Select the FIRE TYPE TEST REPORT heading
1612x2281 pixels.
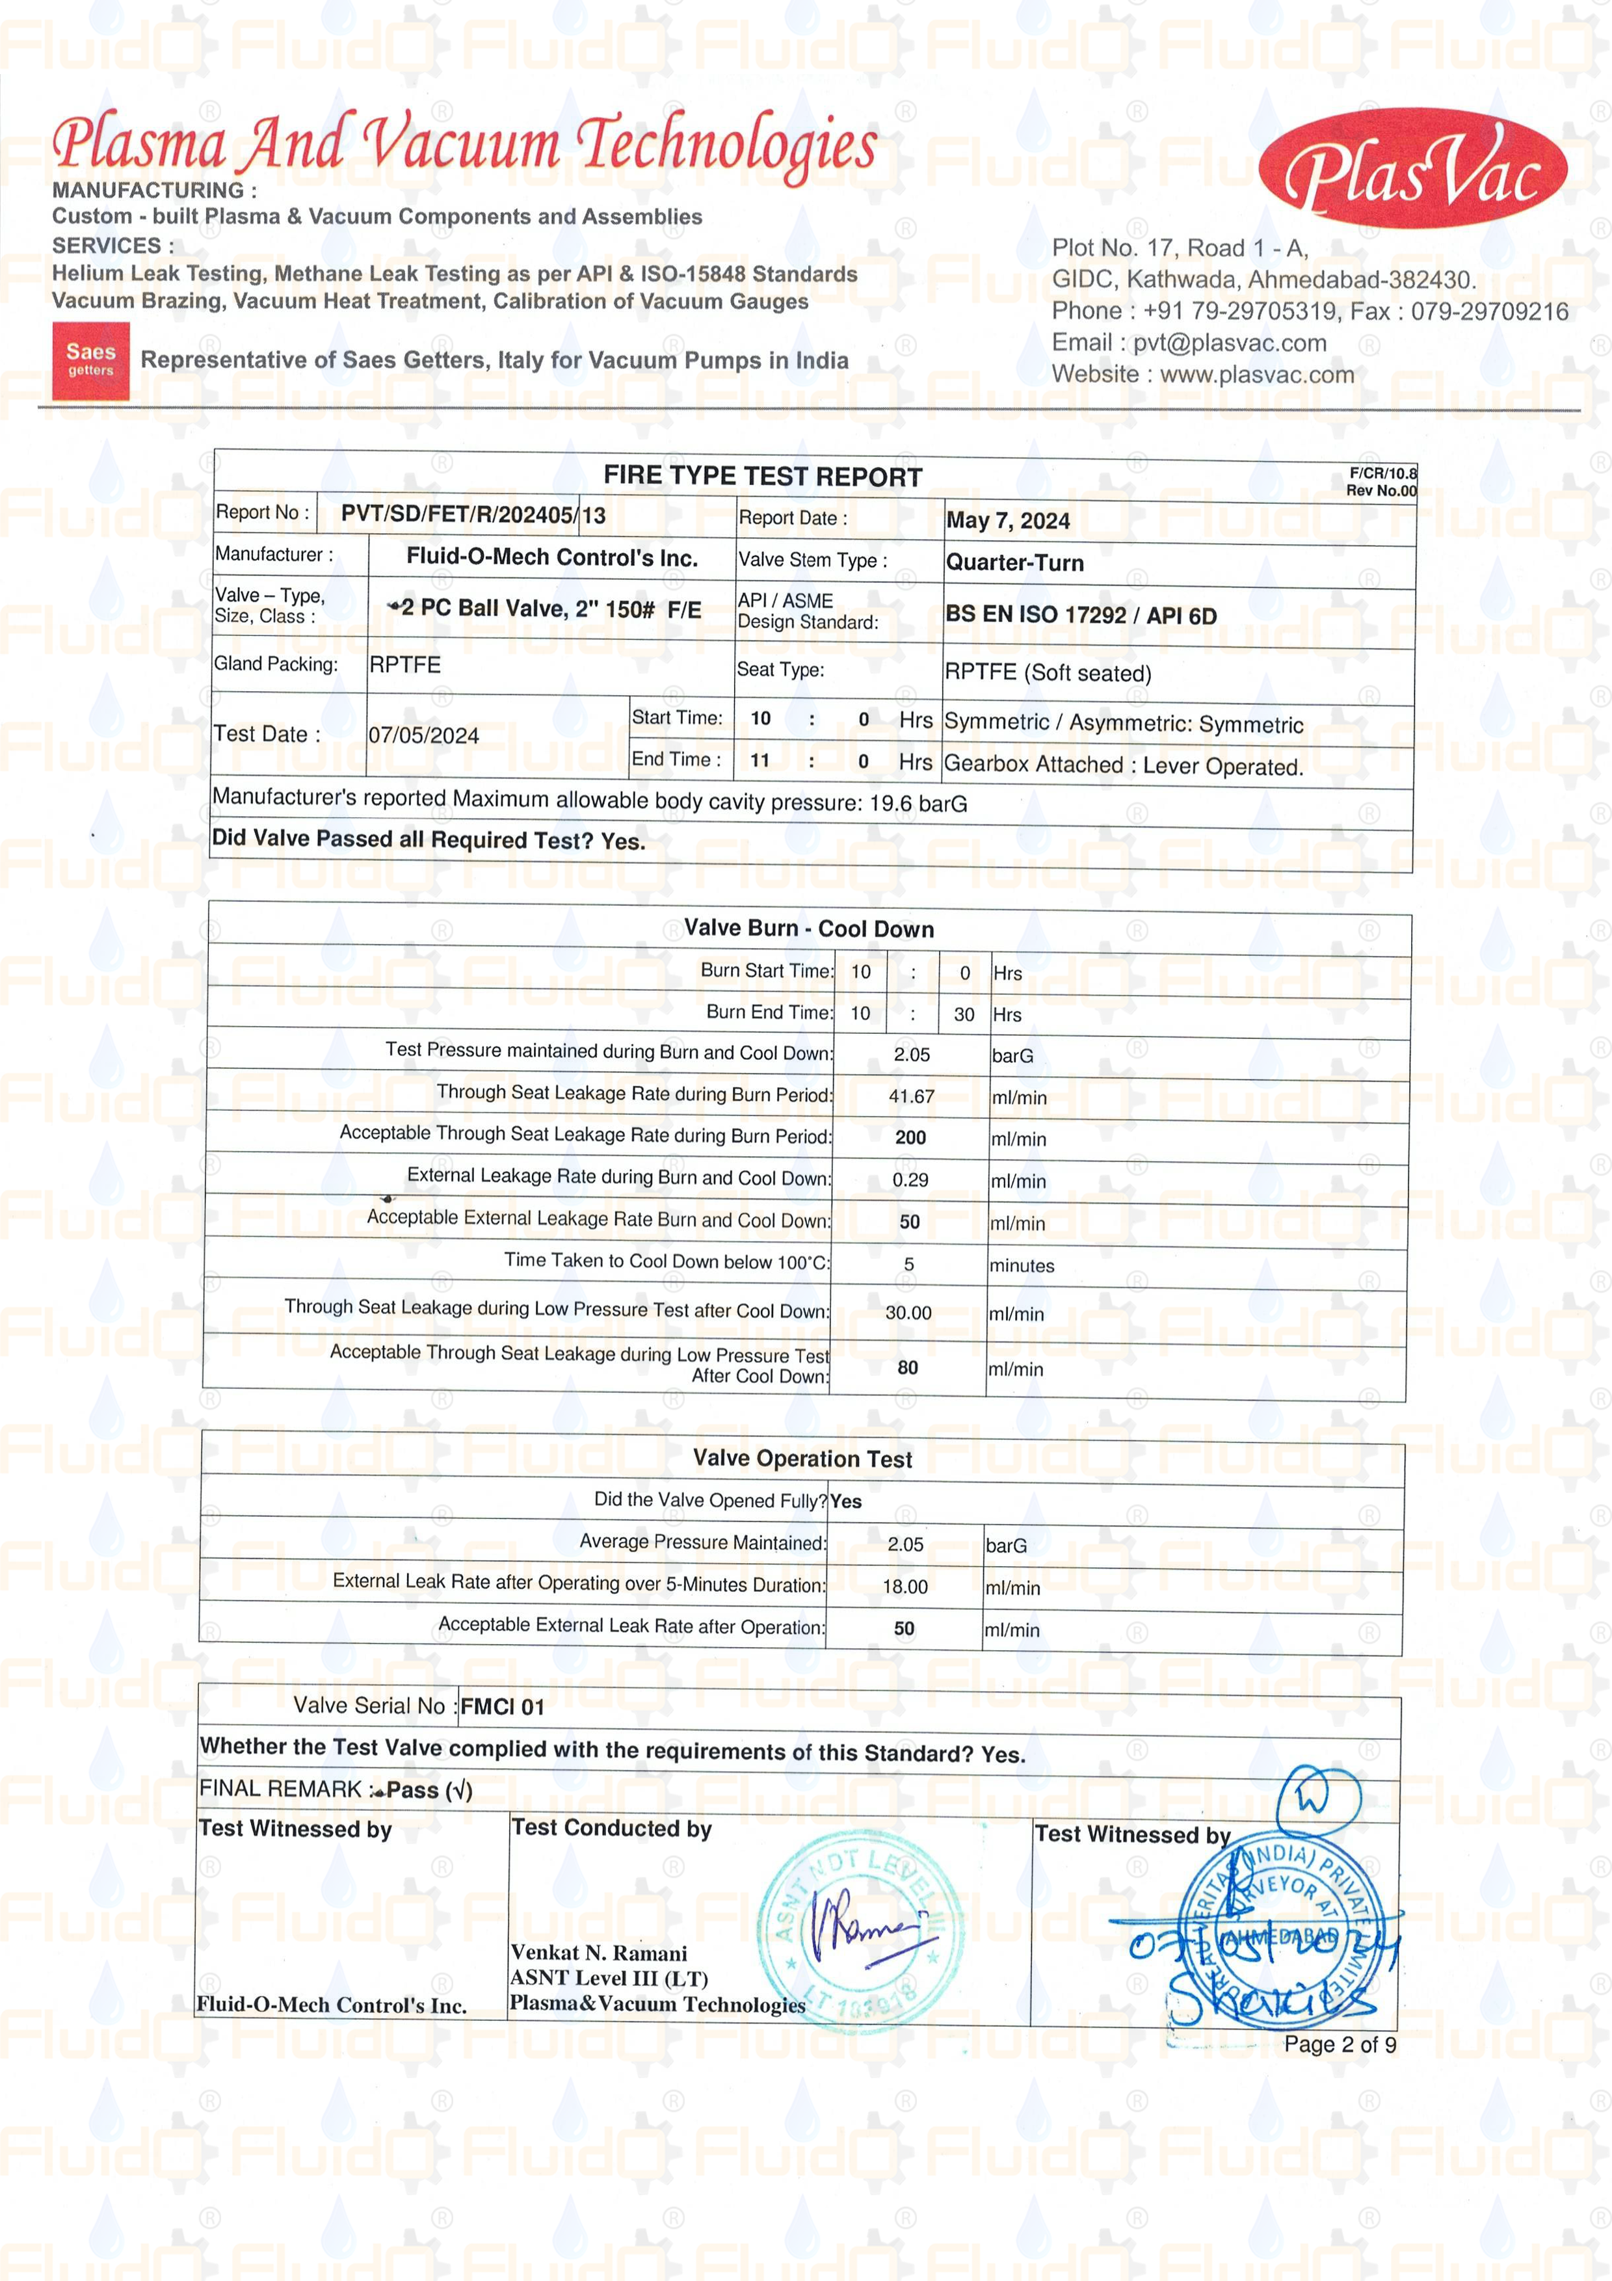tap(762, 477)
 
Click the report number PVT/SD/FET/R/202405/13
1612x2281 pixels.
tap(473, 514)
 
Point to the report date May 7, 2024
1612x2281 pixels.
tap(1007, 521)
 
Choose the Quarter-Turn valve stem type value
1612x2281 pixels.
tap(1014, 562)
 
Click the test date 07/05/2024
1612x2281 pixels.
tap(423, 735)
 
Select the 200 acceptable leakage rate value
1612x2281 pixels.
tap(910, 1137)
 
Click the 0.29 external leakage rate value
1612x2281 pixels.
tap(910, 1180)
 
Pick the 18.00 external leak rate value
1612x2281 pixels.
tap(905, 1587)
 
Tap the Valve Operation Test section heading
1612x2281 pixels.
tap(802, 1458)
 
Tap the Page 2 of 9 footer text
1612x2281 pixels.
tap(1339, 2044)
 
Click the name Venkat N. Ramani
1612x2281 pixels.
tap(598, 1953)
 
